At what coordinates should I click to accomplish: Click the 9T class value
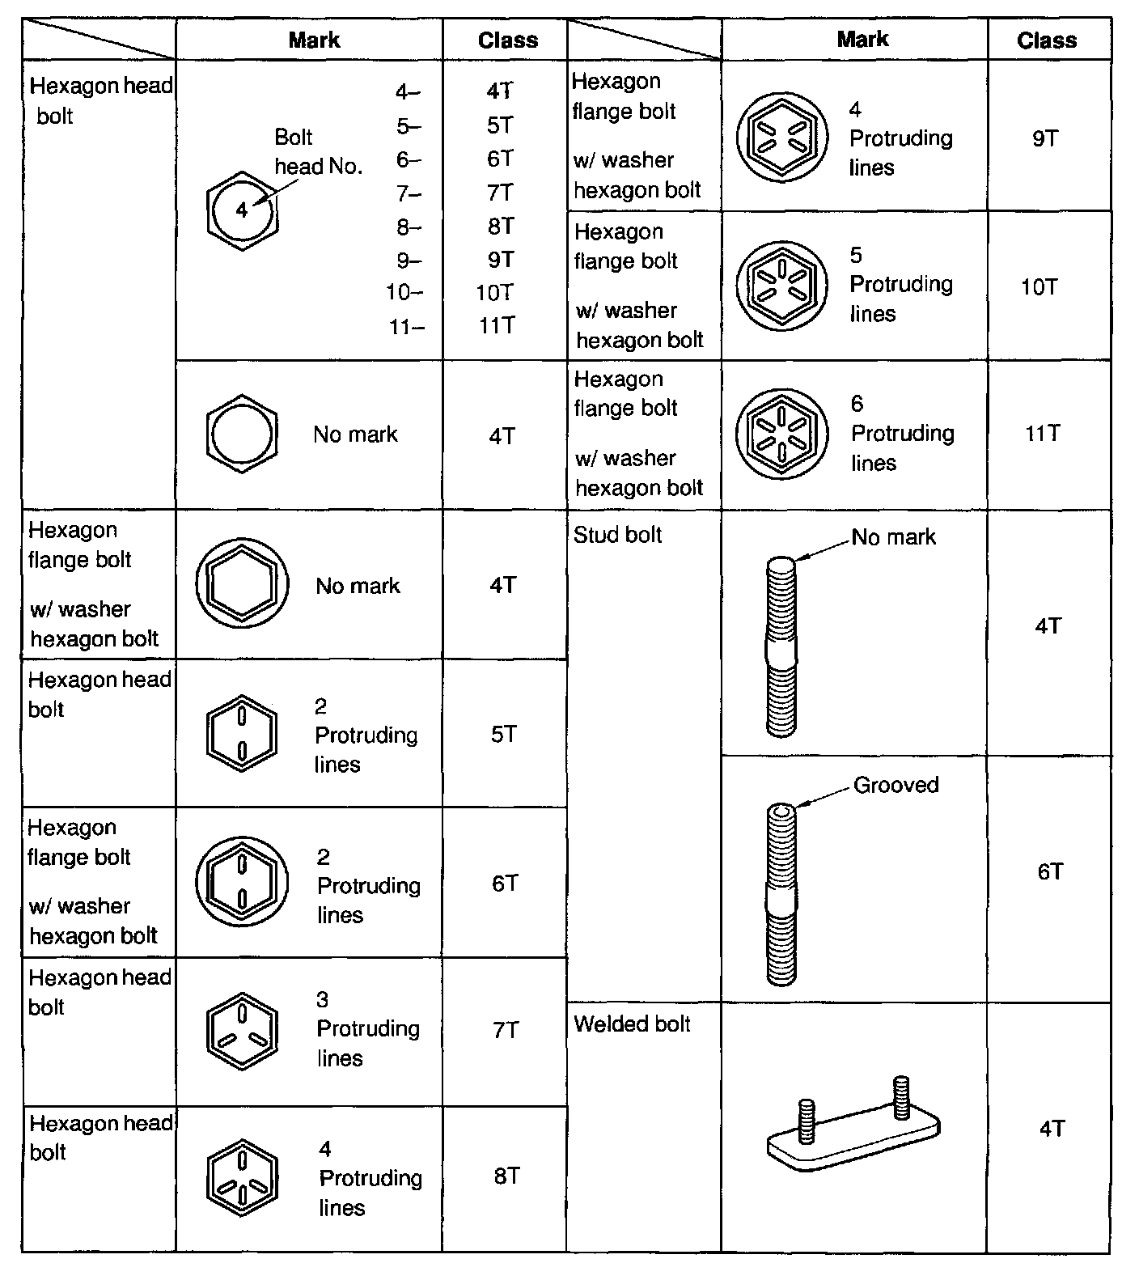[1044, 138]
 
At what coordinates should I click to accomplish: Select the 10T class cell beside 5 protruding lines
[1039, 287]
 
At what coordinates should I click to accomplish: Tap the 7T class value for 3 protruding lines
[506, 1030]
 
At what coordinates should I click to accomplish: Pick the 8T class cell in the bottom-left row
[506, 1176]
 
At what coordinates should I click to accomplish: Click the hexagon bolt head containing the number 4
[242, 210]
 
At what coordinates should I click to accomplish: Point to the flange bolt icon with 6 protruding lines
[781, 434]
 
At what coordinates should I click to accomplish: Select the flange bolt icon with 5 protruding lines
[781, 286]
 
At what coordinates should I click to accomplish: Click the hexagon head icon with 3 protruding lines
[242, 1030]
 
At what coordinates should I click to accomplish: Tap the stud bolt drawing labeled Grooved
[781, 894]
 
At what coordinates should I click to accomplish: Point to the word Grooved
[896, 785]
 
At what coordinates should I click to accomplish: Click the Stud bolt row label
[617, 535]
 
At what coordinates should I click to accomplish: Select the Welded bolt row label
[632, 1024]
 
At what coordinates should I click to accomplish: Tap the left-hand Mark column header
[314, 40]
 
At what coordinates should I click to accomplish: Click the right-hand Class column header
[1047, 40]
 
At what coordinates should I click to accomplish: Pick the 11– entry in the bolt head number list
[405, 327]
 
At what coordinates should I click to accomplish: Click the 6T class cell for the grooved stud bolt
[1050, 871]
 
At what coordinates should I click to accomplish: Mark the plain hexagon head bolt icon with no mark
[242, 434]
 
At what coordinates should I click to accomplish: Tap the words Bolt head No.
[318, 152]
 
